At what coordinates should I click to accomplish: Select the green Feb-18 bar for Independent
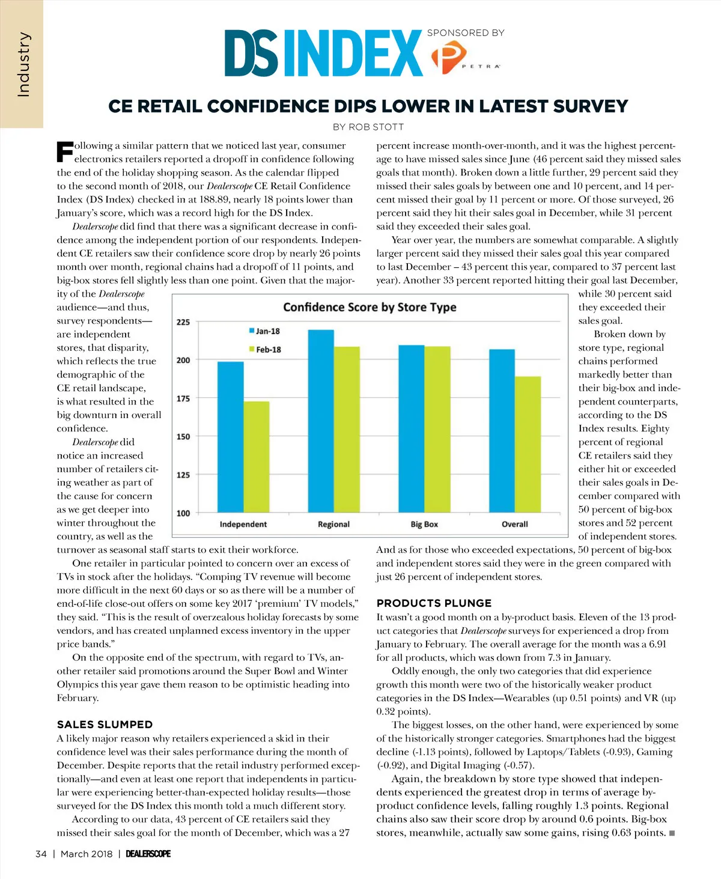(x=257, y=457)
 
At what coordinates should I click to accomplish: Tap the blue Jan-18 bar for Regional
(x=321, y=421)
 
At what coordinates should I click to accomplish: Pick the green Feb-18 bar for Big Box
(x=437, y=429)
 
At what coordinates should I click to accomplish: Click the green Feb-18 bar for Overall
(x=528, y=445)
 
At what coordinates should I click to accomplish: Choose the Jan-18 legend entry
(x=264, y=331)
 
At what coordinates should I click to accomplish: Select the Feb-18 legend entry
(x=265, y=349)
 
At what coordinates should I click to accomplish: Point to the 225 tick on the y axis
(x=183, y=322)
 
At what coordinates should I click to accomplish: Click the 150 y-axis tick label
(x=183, y=437)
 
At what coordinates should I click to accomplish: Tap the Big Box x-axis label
(x=424, y=525)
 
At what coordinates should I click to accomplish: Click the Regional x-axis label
(x=333, y=525)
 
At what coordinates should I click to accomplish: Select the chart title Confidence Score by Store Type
(x=370, y=307)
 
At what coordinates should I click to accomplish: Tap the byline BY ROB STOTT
(x=368, y=127)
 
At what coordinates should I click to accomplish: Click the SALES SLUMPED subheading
(x=105, y=725)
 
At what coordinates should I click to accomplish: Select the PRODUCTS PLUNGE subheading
(x=434, y=603)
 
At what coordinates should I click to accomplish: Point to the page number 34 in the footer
(x=41, y=854)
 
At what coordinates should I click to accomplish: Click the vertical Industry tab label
(x=23, y=65)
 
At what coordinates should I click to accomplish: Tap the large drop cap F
(x=64, y=151)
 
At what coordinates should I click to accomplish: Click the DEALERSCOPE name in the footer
(x=148, y=854)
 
